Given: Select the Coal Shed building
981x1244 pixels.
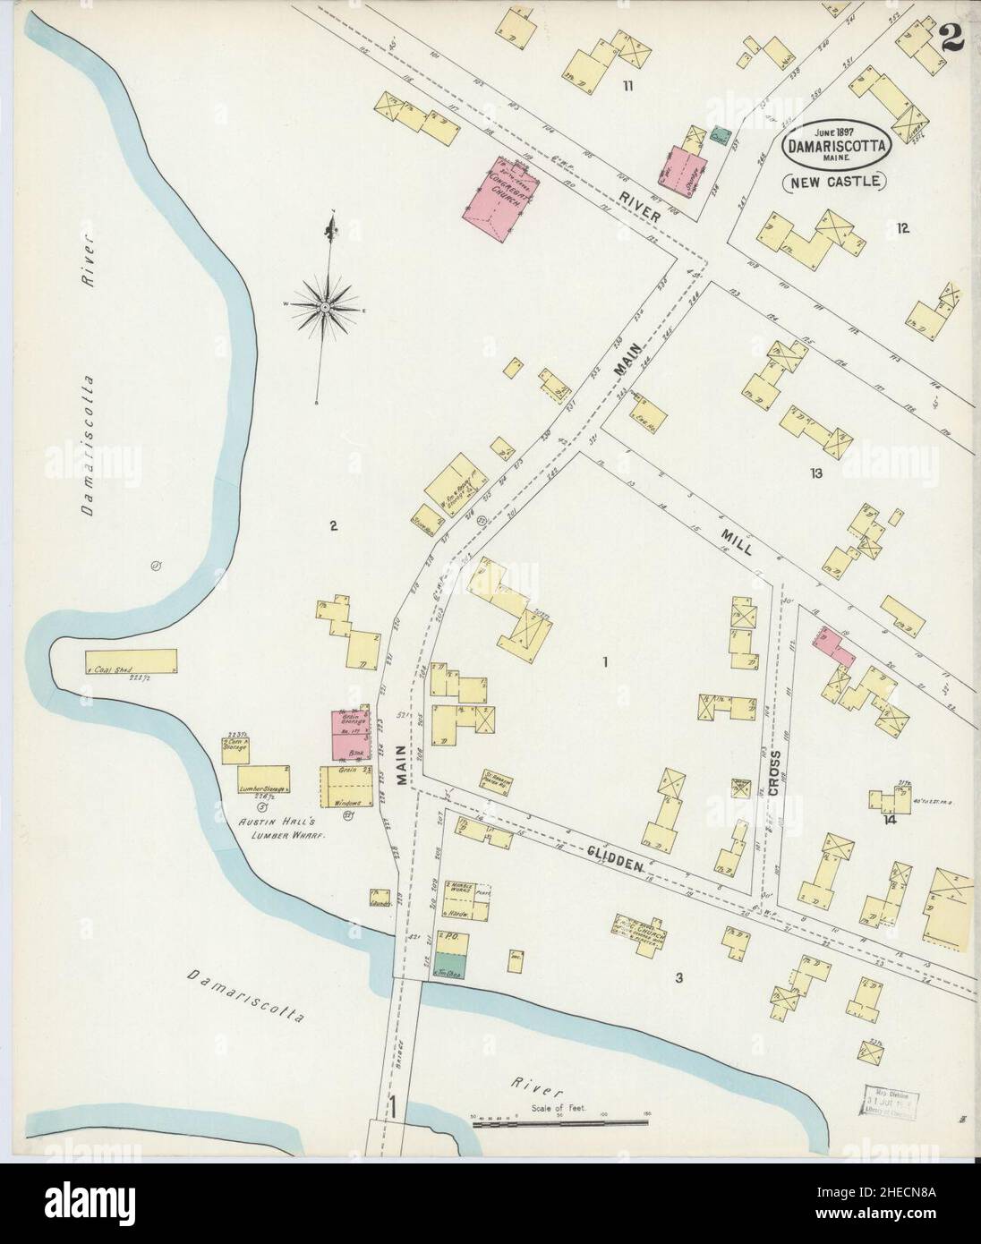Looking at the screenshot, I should pos(131,662).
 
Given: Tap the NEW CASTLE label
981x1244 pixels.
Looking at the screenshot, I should pos(834,182).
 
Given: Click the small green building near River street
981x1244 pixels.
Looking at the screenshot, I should pos(719,135).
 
